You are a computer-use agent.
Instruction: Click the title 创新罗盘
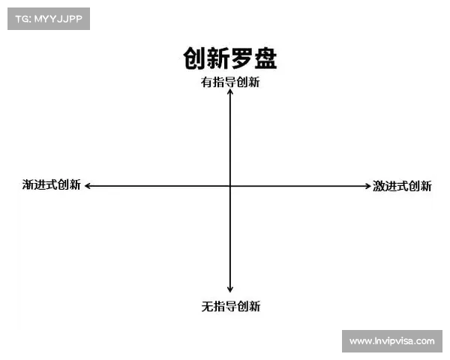tap(229, 58)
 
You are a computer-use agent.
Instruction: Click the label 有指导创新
tap(230, 82)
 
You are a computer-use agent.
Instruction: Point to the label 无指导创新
tap(230, 306)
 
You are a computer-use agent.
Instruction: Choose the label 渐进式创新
tap(51, 184)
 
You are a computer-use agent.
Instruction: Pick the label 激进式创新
tap(402, 186)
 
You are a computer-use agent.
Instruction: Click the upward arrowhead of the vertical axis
tap(230, 93)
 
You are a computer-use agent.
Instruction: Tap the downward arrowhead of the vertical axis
tap(230, 289)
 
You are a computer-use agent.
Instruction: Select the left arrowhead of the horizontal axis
tap(87, 185)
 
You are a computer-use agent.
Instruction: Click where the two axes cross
tap(230, 185)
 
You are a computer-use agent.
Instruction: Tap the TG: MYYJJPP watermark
tap(48, 19)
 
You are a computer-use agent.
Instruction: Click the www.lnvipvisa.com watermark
tap(391, 340)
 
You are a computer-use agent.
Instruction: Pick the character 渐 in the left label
tap(28, 184)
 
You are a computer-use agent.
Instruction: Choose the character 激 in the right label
tap(379, 186)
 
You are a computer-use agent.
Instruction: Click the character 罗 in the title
tap(241, 58)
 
